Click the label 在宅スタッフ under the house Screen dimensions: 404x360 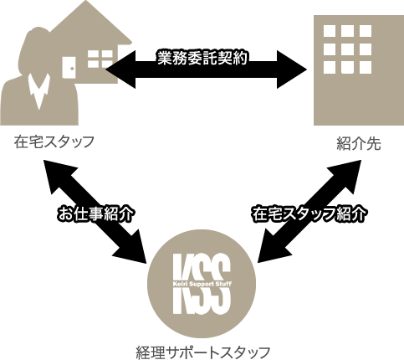pyautogui.click(x=54, y=141)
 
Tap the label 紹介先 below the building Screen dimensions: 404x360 pyautogui.click(x=359, y=144)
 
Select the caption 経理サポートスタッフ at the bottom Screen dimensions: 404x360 pyautogui.click(x=203, y=352)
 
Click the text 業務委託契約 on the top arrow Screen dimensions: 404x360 pyautogui.click(x=202, y=59)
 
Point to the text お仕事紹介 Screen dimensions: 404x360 pyautogui.click(x=96, y=214)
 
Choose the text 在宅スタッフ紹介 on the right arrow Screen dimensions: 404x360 pyautogui.click(x=309, y=214)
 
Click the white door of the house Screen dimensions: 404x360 pyautogui.click(x=69, y=68)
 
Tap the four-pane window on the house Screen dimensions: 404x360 pyautogui.click(x=100, y=59)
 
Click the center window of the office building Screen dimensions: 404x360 pyautogui.click(x=347, y=49)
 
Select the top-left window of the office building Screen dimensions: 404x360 pyautogui.click(x=330, y=31)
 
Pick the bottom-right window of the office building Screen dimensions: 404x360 pyautogui.click(x=366, y=67)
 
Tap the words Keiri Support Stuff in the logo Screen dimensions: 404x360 pyautogui.click(x=202, y=284)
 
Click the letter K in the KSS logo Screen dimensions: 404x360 pyautogui.click(x=183, y=283)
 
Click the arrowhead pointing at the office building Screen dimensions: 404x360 pyautogui.click(x=291, y=69)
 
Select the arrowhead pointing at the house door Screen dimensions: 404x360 pyautogui.click(x=120, y=69)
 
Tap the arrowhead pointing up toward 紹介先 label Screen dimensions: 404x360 pyautogui.click(x=346, y=175)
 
